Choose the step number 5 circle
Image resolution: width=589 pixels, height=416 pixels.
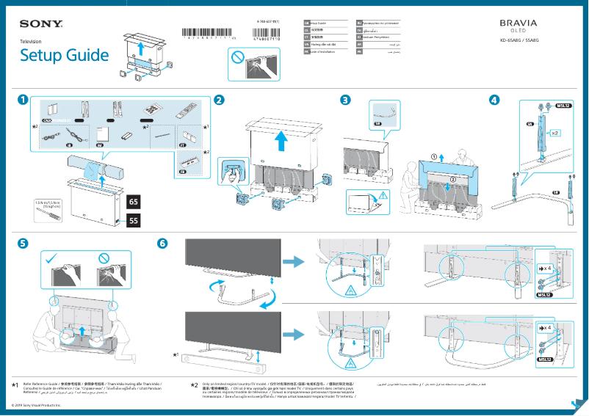coord(24,244)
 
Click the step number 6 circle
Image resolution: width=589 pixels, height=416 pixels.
coord(162,244)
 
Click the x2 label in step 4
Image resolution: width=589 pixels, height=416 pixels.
coord(555,134)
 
